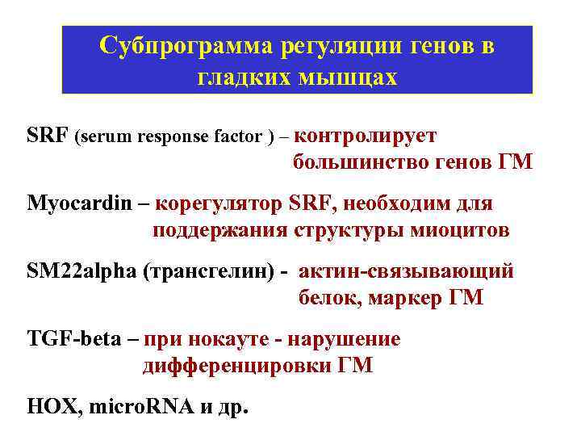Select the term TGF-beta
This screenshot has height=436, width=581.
point(73,339)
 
